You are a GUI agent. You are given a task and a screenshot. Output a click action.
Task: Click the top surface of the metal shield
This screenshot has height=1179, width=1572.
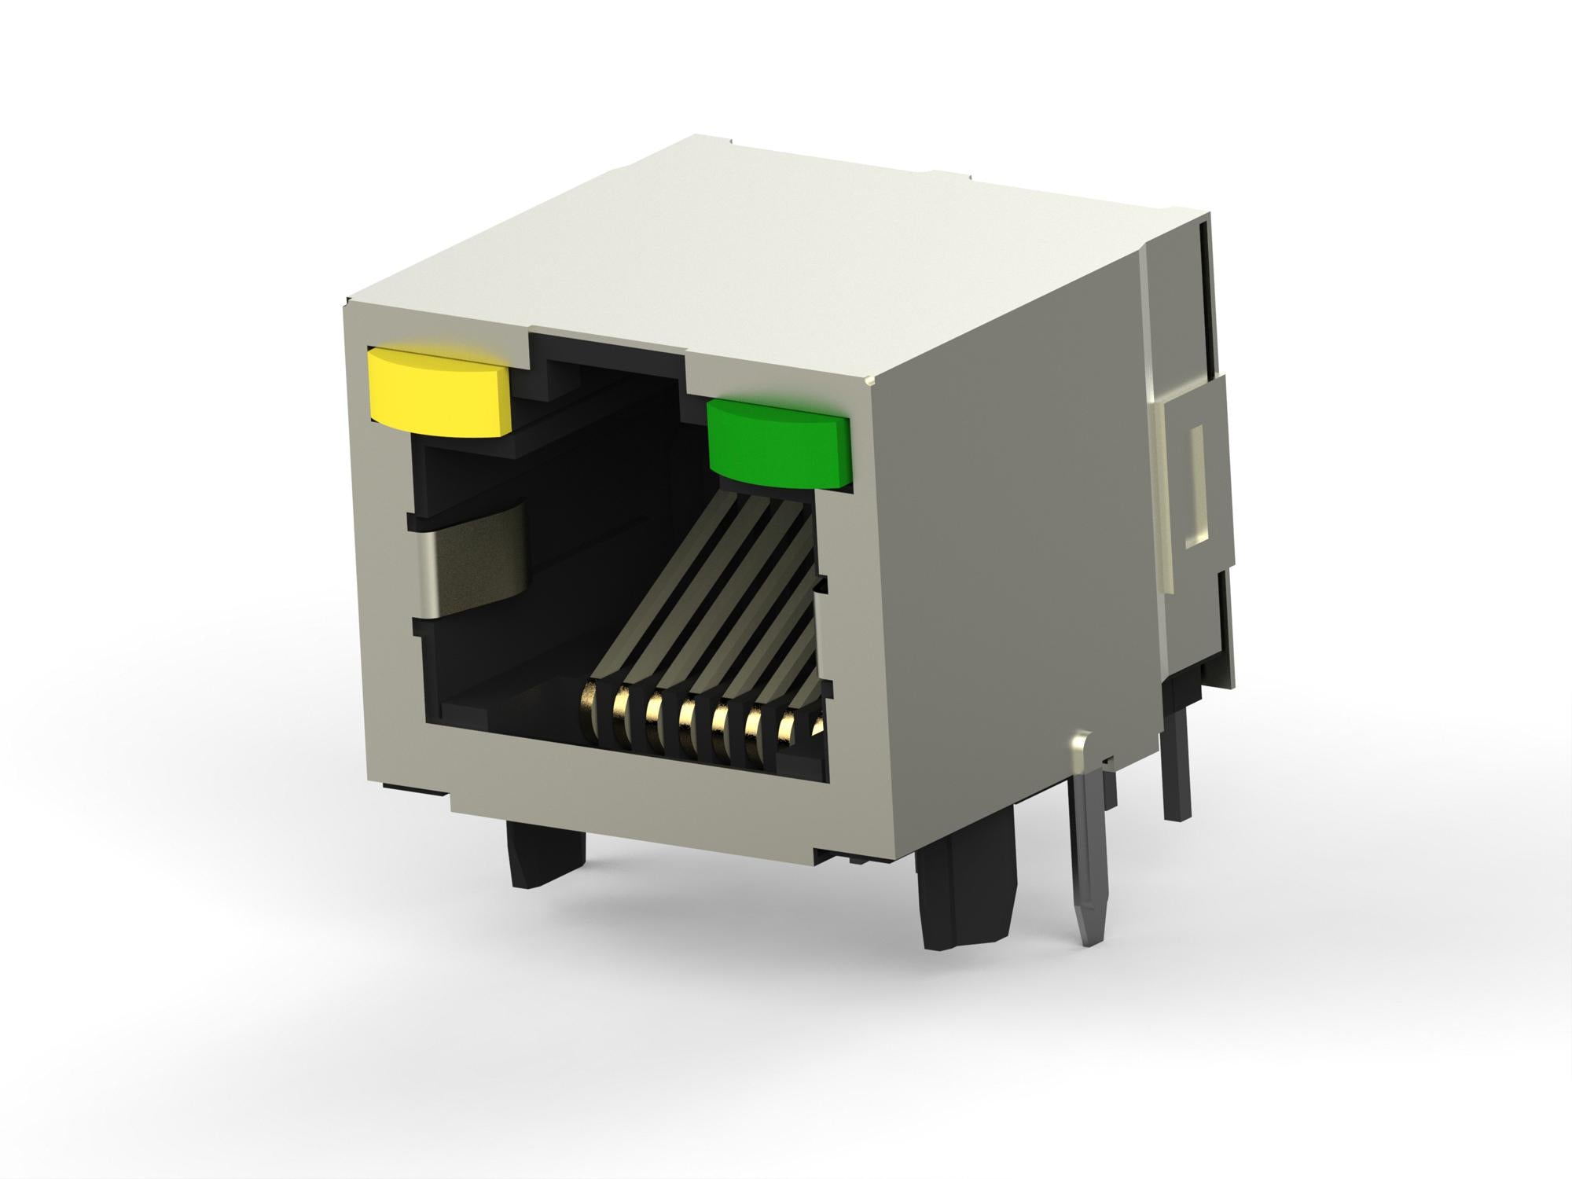pos(770,236)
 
